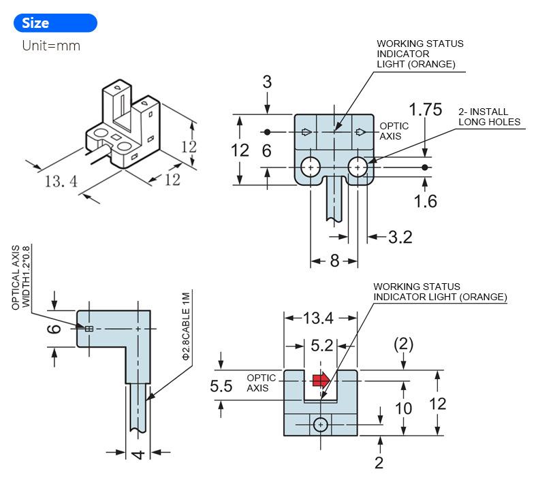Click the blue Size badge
pos(54,23)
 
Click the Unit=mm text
pos(51,46)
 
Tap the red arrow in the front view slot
pos(321,379)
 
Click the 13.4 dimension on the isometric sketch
pos(61,181)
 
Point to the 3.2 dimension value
pos(400,237)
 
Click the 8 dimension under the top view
pos(334,261)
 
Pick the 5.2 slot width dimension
pos(321,346)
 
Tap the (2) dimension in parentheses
pos(404,344)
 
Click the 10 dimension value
pos(404,408)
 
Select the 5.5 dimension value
pos(221,387)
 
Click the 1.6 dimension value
pos(425,201)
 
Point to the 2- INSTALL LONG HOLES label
pos(489,117)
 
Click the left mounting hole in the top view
pos(311,167)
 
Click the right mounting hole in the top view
pos(357,167)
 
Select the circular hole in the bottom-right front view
pos(321,425)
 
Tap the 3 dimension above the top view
pos(267,82)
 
